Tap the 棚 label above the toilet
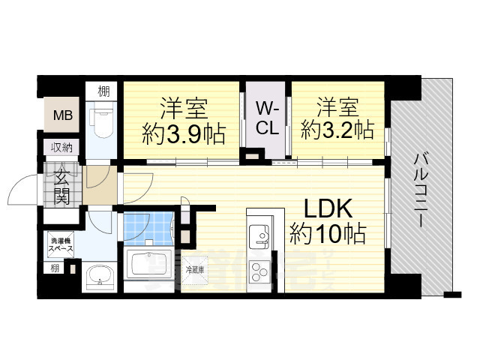103,92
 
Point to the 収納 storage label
61,147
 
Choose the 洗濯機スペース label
61,243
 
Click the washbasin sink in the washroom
97,278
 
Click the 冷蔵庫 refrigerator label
195,268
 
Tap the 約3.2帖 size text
337,129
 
